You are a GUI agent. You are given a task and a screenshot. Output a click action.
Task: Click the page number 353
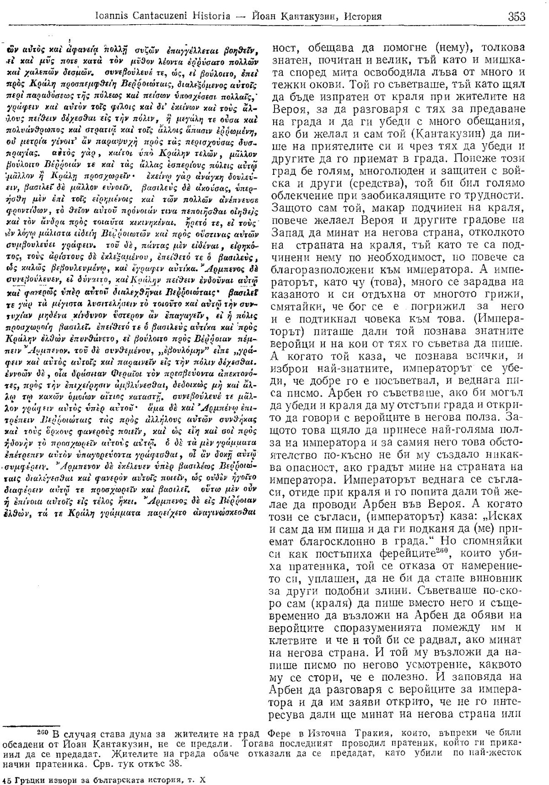(x=517, y=17)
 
